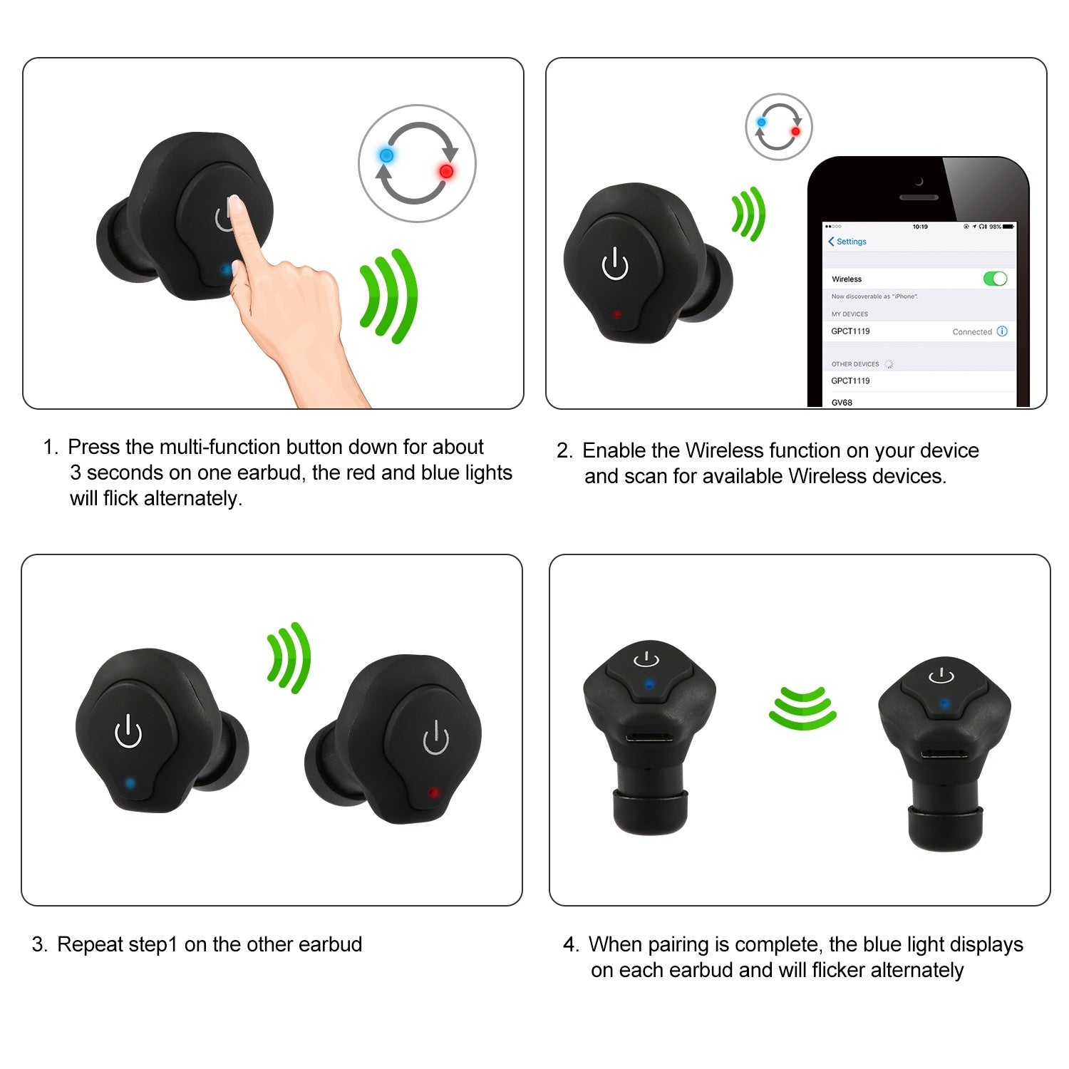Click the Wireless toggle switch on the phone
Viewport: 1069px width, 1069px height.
point(995,279)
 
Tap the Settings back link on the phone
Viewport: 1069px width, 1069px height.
point(847,242)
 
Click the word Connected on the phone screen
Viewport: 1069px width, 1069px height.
point(972,332)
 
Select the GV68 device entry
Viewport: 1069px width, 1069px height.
point(842,402)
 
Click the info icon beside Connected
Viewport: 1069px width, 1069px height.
point(1002,331)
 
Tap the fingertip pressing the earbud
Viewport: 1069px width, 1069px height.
point(234,207)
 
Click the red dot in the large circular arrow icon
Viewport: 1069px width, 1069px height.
point(446,171)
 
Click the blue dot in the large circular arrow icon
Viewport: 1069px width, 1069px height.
point(386,155)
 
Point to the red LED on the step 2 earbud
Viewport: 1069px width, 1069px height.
point(616,314)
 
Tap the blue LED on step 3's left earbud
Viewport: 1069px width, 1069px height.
point(130,783)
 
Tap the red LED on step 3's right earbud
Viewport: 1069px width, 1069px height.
point(433,792)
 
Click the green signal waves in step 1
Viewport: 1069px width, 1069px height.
point(388,296)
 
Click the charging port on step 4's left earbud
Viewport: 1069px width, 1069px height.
point(648,737)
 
